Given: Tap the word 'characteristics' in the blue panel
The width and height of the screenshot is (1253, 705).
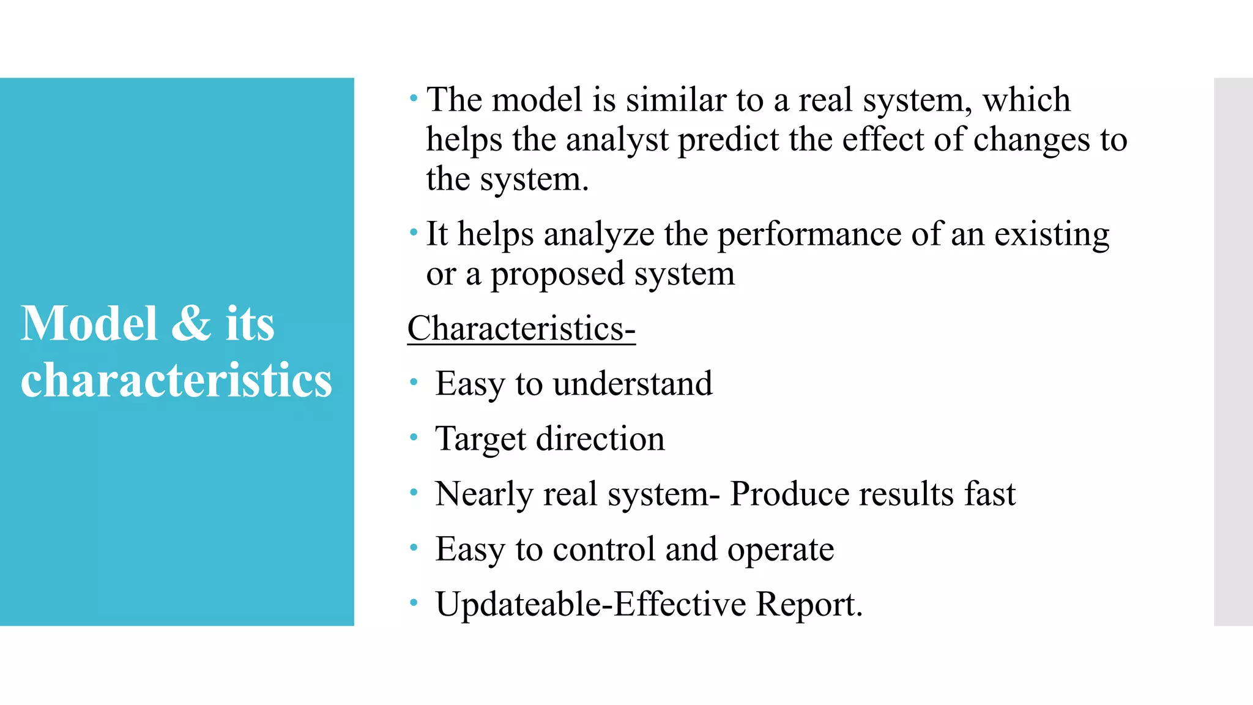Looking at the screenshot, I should point(176,380).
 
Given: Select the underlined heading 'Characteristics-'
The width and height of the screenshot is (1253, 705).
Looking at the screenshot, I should point(521,329).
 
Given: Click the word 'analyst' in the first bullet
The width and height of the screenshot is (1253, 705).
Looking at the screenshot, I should point(617,140).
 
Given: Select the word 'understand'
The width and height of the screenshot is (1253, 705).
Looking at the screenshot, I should point(633,384).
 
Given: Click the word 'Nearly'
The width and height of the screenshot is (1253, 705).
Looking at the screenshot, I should point(484,494).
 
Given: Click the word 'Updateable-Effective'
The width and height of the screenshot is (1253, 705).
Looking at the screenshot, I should point(590,604).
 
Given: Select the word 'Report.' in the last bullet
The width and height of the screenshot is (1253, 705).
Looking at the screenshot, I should point(809,604).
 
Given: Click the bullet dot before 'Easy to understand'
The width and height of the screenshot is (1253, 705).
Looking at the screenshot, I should point(414,383).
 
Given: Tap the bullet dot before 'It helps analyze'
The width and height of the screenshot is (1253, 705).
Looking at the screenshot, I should point(414,233).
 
